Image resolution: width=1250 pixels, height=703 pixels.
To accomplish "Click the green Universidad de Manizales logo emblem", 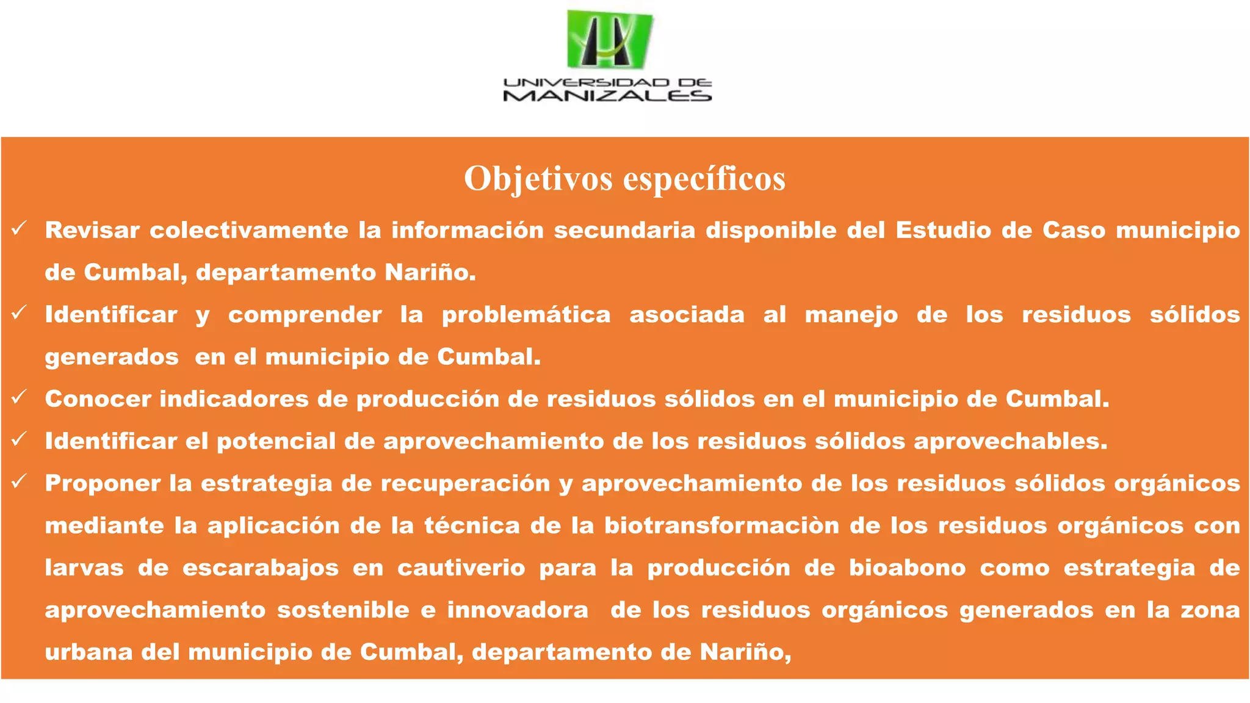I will [x=609, y=40].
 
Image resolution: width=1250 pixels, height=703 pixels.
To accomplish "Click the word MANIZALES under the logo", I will [x=607, y=96].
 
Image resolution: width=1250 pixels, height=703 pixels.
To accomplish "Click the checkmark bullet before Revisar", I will [x=19, y=229].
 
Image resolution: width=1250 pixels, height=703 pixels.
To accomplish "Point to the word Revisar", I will [x=92, y=231].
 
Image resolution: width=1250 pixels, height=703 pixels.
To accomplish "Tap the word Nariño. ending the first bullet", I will [x=430, y=273].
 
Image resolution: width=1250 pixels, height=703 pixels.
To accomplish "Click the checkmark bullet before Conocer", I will [x=19, y=397].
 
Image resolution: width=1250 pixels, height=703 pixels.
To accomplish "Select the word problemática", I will [x=526, y=315].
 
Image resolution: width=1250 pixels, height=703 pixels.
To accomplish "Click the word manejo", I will [x=851, y=315].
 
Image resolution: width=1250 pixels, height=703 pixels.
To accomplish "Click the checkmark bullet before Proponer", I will [x=19, y=481].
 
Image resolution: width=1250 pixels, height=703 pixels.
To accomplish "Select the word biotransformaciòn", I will [x=721, y=525].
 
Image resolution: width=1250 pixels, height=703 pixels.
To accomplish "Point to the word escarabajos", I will [x=260, y=568].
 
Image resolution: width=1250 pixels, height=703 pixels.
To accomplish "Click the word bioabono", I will [x=907, y=568].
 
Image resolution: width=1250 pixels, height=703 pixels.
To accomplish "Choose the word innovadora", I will [x=518, y=610].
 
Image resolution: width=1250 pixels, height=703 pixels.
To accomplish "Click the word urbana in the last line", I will [x=89, y=652].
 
